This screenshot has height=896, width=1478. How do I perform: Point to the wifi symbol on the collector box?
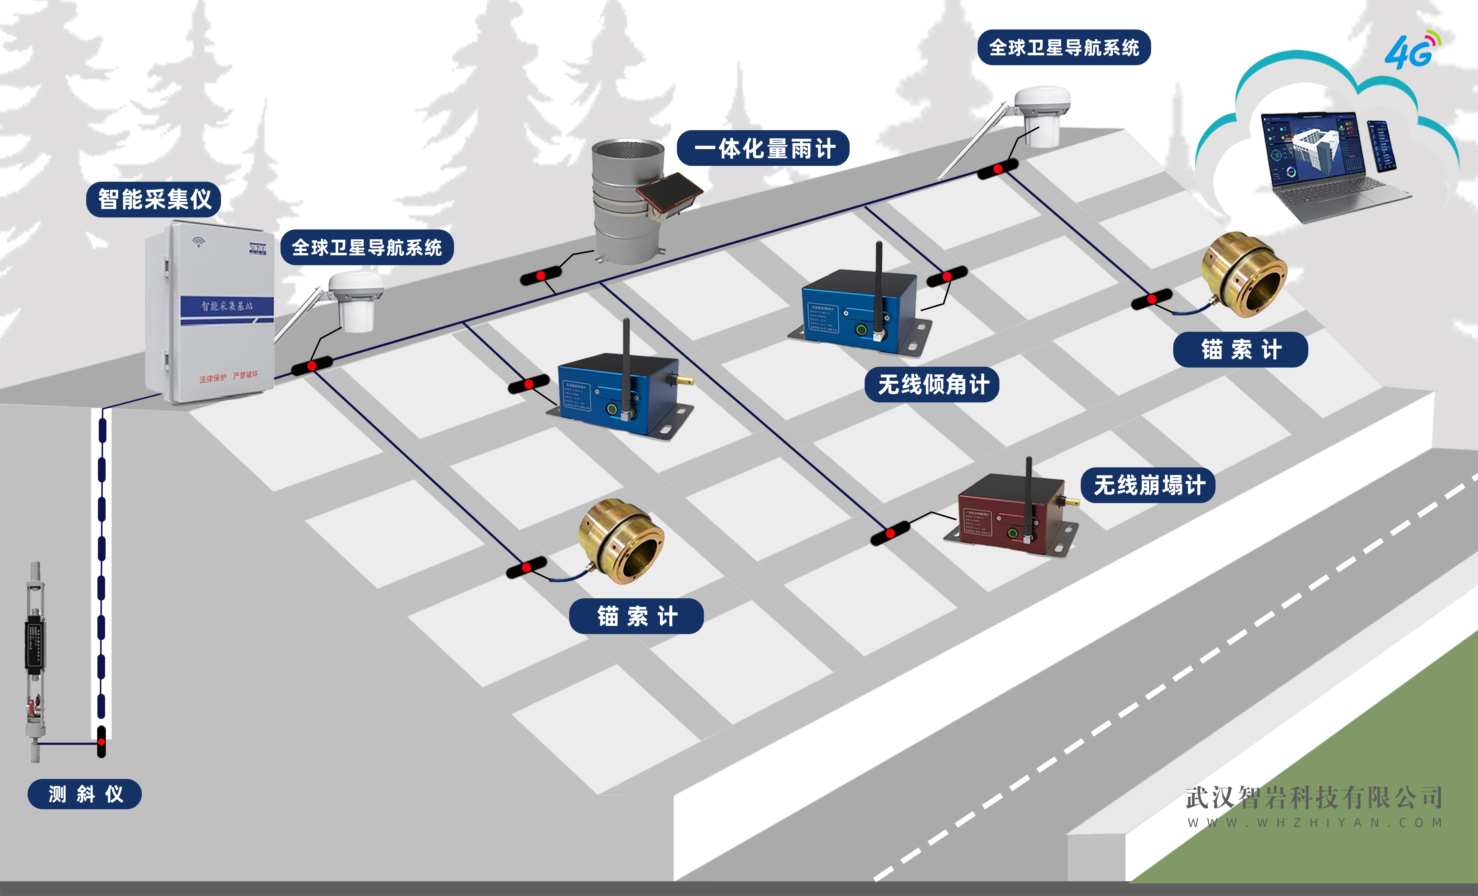199,242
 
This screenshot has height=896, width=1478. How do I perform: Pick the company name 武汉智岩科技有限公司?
1314,797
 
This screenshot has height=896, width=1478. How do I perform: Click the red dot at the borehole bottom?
101,742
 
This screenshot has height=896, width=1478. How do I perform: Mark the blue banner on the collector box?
227,307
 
